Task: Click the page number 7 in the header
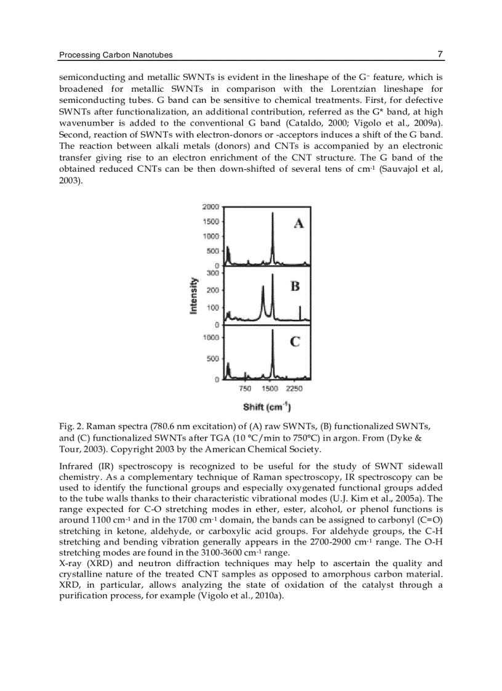[440, 54]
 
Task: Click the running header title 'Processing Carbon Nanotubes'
[116, 55]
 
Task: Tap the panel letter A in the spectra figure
[298, 223]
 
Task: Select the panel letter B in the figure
[295, 286]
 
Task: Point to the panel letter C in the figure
[295, 342]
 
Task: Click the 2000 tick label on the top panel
[210, 207]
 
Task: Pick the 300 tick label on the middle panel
[213, 273]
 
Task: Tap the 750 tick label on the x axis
[245, 389]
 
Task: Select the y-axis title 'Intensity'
[194, 295]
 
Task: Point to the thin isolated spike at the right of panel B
[300, 308]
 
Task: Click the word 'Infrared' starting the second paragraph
[76, 465]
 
